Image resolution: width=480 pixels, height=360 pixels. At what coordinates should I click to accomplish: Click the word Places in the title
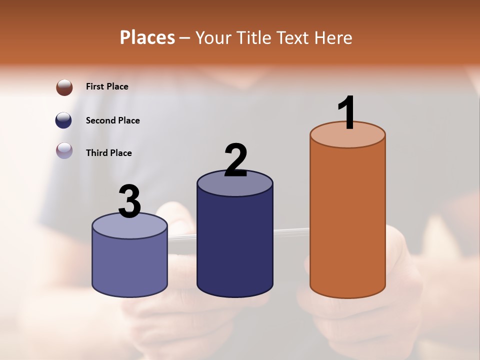tap(147, 37)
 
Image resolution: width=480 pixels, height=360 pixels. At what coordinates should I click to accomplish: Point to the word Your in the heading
tap(213, 37)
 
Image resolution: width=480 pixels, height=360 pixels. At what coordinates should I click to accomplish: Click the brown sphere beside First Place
tap(64, 87)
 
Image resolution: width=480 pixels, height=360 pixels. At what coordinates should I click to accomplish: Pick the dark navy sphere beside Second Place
tap(63, 120)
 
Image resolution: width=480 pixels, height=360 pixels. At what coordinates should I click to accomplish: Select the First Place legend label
tap(107, 86)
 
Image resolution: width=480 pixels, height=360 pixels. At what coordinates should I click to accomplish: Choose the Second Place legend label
tap(112, 120)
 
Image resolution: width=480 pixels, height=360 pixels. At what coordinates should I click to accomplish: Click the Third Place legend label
tap(108, 153)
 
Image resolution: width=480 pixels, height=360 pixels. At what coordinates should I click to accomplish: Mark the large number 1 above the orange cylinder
tap(346, 113)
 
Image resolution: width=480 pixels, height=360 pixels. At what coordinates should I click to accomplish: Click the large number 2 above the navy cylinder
tap(236, 160)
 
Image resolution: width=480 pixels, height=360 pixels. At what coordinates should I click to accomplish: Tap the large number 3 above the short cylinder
tap(130, 201)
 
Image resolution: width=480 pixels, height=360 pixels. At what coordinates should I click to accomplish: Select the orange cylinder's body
tap(347, 220)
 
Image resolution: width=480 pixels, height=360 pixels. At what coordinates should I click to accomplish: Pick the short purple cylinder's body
tap(129, 265)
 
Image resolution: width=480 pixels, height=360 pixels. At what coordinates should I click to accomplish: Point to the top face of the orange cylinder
tap(347, 137)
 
